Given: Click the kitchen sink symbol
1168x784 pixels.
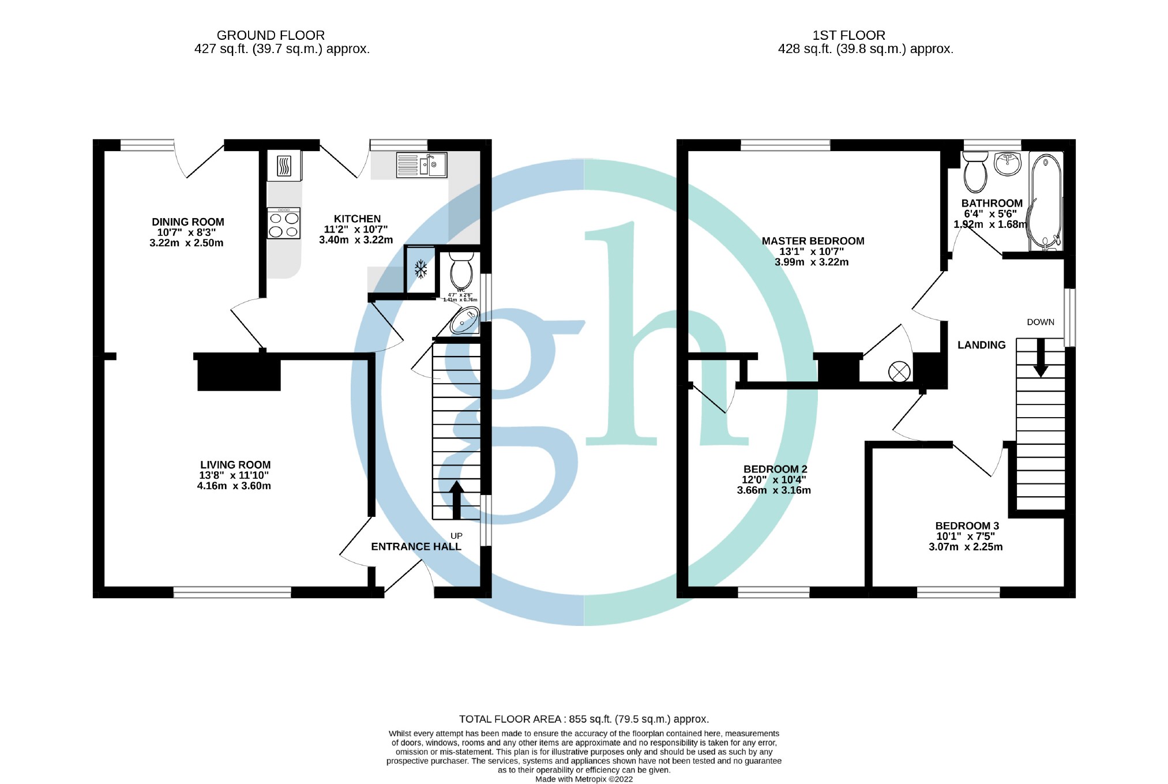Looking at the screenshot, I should coord(422,164).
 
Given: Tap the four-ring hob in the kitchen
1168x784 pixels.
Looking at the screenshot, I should coord(284,224).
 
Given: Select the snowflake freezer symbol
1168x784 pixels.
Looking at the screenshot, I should coord(421,269).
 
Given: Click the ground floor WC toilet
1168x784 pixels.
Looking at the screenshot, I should coord(461,270).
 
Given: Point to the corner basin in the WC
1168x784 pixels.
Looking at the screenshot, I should coord(465,321).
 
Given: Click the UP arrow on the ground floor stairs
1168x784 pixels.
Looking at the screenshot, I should coord(456,500).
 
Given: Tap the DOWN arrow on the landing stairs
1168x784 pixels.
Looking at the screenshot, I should coord(1041,358).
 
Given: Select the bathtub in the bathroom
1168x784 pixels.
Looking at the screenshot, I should coord(1046,201).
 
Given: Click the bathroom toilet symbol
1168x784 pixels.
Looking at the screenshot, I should coord(975,171).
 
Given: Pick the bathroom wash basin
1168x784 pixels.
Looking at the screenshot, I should coord(1008,164).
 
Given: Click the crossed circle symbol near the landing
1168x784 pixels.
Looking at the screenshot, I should coord(899,372).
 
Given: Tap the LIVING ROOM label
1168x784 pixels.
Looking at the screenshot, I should coord(235,465).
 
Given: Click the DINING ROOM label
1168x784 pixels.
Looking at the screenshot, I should coord(187,222).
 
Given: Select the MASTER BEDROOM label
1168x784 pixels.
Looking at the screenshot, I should coord(813,241).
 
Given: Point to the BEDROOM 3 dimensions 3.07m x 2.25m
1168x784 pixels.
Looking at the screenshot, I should coord(966,547).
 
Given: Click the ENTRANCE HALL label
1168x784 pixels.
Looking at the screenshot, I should coord(416,546).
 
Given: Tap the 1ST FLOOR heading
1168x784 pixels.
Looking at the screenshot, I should coord(848,35).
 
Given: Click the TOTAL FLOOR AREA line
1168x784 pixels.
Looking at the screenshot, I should coord(584,719).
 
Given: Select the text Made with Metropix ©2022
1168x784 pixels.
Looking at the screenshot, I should coord(584,779).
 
